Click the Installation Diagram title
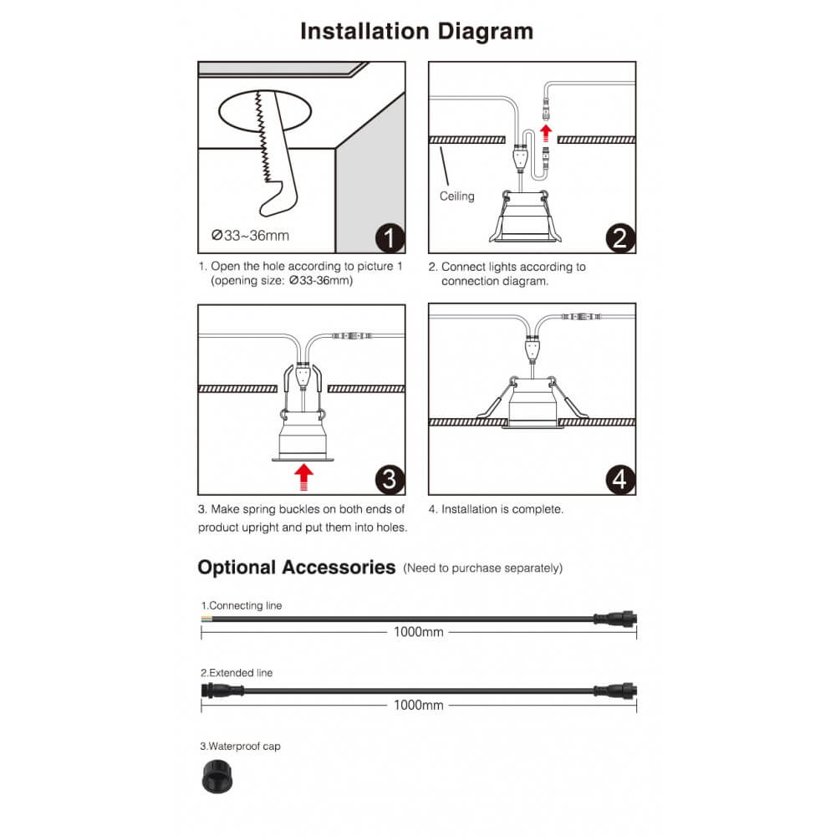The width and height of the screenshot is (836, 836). (416, 32)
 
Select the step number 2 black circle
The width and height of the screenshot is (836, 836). (619, 237)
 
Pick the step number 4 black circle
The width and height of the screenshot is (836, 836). (619, 479)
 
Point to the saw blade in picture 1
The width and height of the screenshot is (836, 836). (266, 142)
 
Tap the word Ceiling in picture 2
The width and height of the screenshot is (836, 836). (456, 196)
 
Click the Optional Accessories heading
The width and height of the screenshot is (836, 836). (296, 568)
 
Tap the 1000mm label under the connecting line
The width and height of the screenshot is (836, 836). (418, 632)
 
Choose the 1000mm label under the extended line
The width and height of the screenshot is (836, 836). (418, 706)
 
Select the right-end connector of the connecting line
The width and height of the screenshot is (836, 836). (616, 619)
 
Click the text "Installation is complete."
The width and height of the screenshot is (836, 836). (502, 508)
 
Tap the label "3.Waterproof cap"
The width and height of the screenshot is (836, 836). (240, 746)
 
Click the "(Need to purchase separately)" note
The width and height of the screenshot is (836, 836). (482, 568)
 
